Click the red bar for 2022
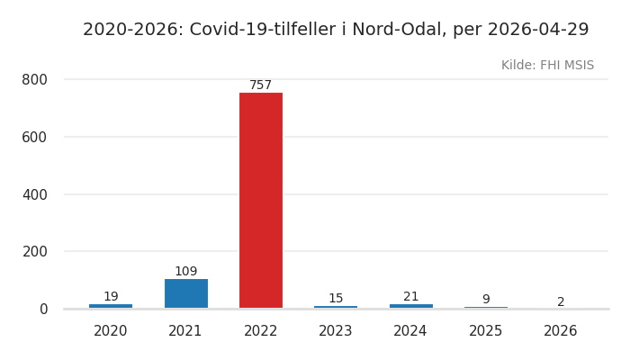261,200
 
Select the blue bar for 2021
185,293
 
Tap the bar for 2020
111,306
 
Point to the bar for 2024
410,306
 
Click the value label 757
261,85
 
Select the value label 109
185,272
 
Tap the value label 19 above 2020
111,297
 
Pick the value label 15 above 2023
336,299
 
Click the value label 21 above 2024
410,297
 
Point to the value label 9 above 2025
486,300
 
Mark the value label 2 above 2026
561,302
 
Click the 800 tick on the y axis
34,79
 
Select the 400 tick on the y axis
34,194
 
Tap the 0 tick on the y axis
42,309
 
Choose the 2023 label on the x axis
336,331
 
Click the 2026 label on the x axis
561,331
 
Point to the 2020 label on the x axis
111,331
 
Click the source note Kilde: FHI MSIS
547,66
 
